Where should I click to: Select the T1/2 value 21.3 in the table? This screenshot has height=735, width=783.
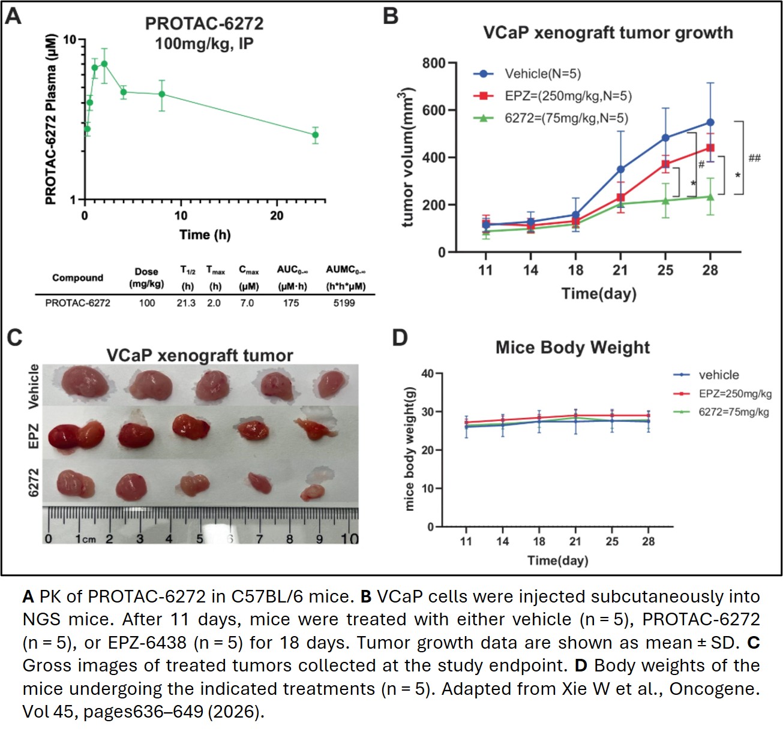pos(186,303)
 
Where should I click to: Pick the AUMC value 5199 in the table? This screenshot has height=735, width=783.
pos(344,303)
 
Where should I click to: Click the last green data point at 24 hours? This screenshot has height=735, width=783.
pos(315,135)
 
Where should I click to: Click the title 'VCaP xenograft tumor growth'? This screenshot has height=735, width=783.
pos(608,32)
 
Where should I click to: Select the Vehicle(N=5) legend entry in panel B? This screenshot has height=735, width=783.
pos(542,74)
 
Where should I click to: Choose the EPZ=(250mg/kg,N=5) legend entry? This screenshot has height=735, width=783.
pos(568,96)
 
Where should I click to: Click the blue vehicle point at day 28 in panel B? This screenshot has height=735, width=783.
pos(710,122)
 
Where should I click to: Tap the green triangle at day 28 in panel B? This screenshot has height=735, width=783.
pos(710,197)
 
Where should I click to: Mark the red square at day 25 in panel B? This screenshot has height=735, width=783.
pos(665,164)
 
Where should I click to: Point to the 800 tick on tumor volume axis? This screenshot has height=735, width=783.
pos(433,63)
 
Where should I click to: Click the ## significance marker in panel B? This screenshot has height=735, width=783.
pos(754,158)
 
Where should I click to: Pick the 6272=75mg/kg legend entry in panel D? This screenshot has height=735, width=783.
pos(733,412)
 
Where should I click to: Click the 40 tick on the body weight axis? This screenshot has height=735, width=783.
pos(427,373)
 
